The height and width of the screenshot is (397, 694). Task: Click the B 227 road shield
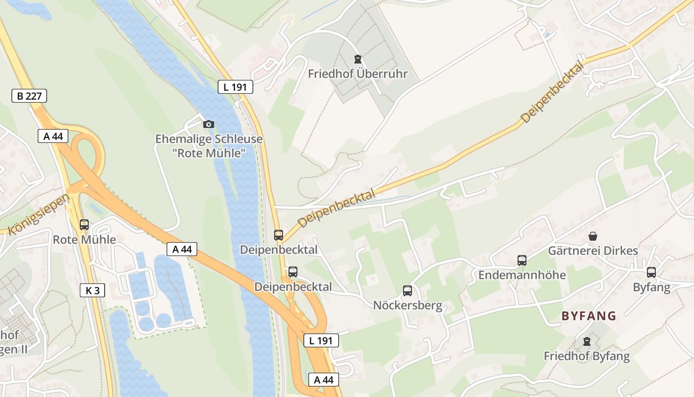coord(29,96)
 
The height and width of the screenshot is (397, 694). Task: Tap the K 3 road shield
coord(92,290)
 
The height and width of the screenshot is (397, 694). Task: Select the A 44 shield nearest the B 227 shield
coord(53,136)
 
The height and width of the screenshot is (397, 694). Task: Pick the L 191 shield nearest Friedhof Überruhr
coord(235,87)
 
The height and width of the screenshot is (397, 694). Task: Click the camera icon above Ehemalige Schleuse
coord(209,124)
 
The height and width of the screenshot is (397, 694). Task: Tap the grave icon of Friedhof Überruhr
coord(357,60)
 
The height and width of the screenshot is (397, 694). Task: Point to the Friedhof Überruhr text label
coord(357,74)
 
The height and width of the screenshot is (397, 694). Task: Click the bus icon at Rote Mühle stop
coord(84,225)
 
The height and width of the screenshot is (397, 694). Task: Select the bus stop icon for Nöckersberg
coord(407,291)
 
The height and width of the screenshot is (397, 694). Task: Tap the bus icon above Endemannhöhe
coord(522,260)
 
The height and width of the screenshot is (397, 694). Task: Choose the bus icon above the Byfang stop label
coord(651,272)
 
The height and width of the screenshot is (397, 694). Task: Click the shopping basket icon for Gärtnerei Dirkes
coord(592,236)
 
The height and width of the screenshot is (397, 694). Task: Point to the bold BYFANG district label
coord(589,316)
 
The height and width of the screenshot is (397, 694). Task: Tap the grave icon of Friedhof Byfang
coord(587,341)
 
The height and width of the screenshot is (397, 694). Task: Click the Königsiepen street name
coord(39,214)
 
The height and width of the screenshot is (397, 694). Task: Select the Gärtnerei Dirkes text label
coord(593,251)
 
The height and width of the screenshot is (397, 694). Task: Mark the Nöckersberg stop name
coord(407,305)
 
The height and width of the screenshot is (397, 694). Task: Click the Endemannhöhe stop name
coord(522,274)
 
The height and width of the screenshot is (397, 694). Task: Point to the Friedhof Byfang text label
coord(587,356)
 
